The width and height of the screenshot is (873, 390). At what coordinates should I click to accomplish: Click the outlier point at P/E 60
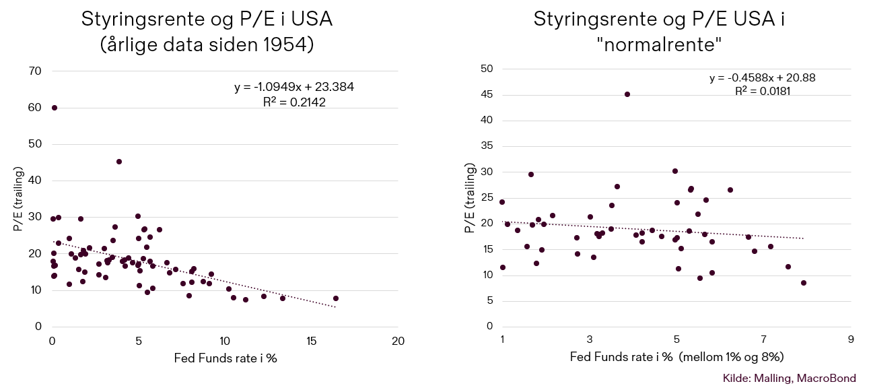click(x=55, y=108)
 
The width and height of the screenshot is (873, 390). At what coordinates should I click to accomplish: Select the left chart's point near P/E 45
click(x=119, y=162)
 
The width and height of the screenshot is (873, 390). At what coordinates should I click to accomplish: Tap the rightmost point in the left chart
click(x=336, y=298)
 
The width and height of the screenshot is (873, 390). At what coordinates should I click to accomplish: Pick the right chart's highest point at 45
click(x=627, y=94)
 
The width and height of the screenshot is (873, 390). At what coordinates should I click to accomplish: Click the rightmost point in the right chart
click(x=804, y=283)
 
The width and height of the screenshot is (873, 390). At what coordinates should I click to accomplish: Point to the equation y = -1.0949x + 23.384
click(x=294, y=87)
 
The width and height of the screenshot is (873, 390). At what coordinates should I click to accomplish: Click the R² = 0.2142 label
click(x=294, y=102)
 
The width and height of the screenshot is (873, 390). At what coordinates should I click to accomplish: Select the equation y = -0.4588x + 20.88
click(x=763, y=78)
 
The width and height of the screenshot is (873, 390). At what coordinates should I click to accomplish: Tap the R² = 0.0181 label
click(x=763, y=90)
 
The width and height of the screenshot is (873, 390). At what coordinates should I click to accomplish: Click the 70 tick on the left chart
click(x=35, y=71)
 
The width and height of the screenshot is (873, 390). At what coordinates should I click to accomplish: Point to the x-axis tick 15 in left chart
click(x=312, y=341)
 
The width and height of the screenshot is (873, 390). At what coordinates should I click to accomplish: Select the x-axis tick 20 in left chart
click(x=398, y=341)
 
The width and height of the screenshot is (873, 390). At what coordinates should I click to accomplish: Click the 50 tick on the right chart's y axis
click(x=487, y=69)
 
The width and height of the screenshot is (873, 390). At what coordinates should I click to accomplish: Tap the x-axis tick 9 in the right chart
click(x=851, y=339)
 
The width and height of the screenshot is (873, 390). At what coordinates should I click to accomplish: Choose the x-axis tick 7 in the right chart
click(x=764, y=339)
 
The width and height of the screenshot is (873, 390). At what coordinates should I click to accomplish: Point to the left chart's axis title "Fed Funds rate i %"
click(x=224, y=358)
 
